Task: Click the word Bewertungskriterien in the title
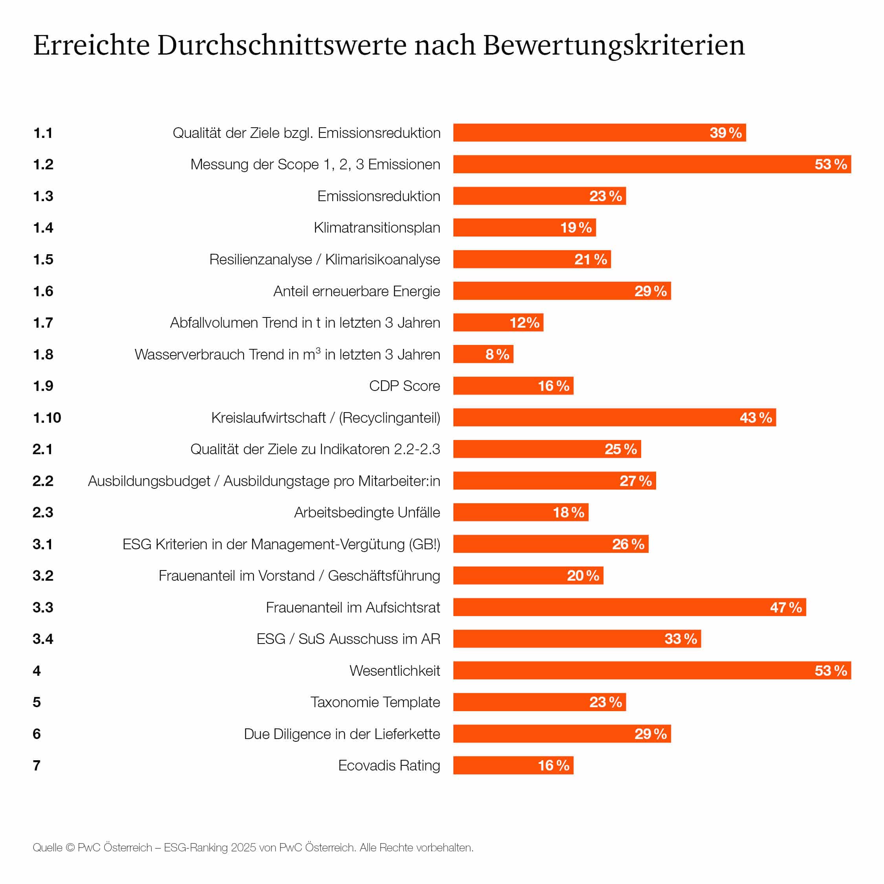(614, 46)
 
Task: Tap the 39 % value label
(726, 133)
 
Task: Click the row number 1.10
(47, 418)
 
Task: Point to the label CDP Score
(405, 386)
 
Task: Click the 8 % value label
(497, 354)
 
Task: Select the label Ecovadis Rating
(389, 765)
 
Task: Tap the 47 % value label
(786, 607)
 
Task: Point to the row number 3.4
(42, 639)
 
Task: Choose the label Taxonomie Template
(375, 702)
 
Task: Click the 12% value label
(525, 323)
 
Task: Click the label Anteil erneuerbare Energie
(356, 291)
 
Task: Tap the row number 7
(37, 765)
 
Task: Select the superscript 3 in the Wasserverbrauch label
(318, 350)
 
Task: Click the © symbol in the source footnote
(70, 847)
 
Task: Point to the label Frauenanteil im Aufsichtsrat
(353, 607)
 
